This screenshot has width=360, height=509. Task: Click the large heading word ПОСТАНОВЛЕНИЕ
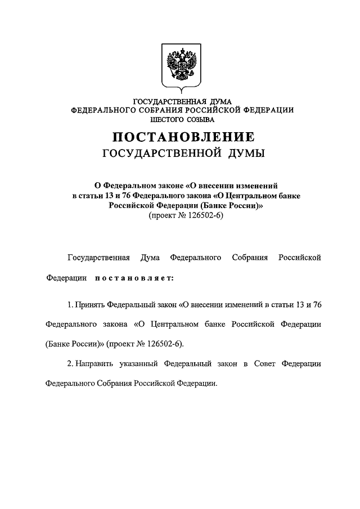(x=182, y=137)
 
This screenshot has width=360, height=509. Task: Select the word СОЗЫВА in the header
(x=199, y=119)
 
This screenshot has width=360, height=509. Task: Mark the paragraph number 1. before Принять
(x=69, y=304)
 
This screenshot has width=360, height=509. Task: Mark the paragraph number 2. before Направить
(x=69, y=363)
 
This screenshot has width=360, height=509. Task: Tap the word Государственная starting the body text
(x=99, y=258)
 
